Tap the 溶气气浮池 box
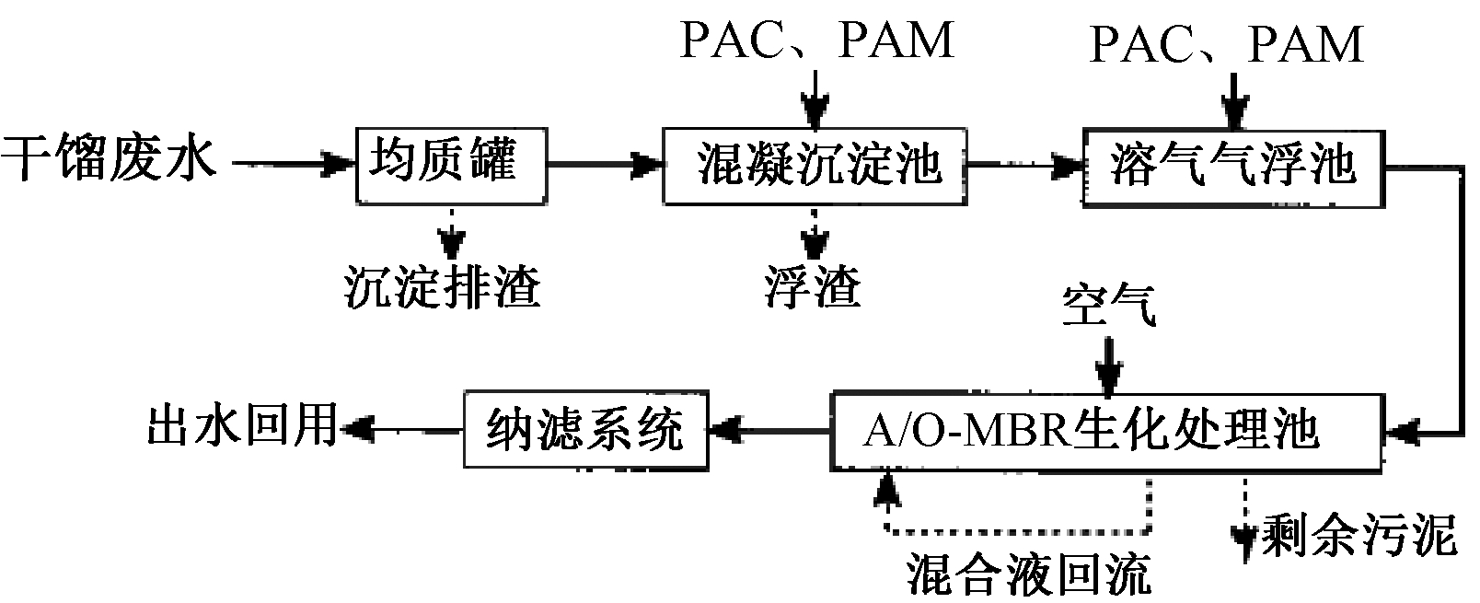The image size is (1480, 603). [x=1232, y=166]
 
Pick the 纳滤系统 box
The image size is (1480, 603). [x=585, y=430]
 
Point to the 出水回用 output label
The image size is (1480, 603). [x=241, y=425]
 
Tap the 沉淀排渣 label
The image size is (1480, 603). [x=443, y=286]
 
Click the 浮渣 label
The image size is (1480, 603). [x=812, y=286]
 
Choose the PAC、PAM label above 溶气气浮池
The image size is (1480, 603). [x=1225, y=45]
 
